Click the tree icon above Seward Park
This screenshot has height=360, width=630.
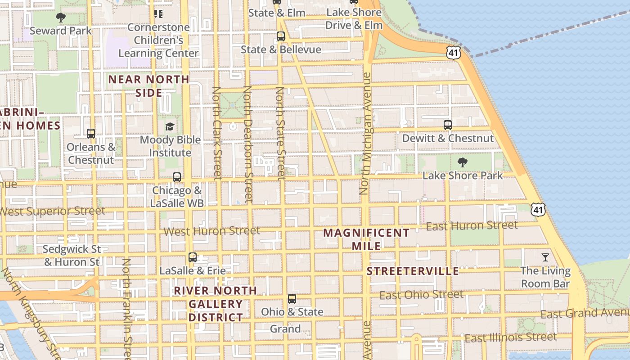point(60,18)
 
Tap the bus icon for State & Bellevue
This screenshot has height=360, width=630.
point(281,36)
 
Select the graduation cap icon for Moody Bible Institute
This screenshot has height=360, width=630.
point(170,126)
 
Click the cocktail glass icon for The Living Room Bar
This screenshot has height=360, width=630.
point(545,257)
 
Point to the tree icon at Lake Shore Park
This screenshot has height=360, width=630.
point(462,162)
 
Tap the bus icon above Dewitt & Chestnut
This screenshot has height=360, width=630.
point(448,125)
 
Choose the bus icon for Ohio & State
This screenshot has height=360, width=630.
point(292,298)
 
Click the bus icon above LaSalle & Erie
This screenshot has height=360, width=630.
point(193,257)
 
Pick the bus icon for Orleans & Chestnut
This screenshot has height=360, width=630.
point(91,133)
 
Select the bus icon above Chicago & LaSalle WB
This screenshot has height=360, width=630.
point(177,177)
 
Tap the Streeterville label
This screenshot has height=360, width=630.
point(413,271)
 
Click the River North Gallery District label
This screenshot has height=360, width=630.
point(216,304)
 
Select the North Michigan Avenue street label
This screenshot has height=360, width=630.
point(365,134)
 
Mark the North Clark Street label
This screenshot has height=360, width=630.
point(217,133)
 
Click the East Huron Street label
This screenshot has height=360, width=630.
point(472,225)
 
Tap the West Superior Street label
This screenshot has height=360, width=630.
point(52,211)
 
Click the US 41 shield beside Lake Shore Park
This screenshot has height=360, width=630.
point(538,209)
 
